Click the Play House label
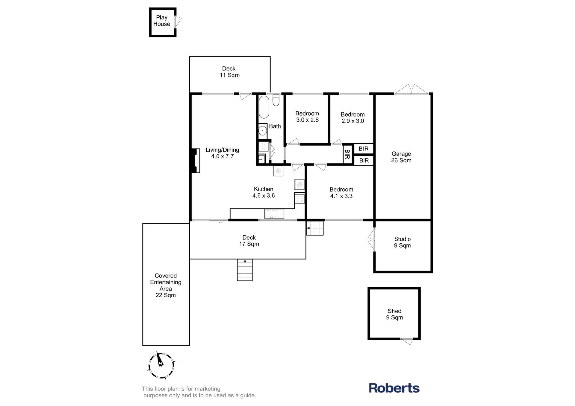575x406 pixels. (x=162, y=21)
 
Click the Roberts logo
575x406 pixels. (x=394, y=388)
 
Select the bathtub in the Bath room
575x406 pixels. (x=264, y=107)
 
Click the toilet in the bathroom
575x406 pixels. (x=276, y=100)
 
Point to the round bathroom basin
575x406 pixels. (x=263, y=131)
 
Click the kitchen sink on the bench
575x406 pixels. (x=274, y=214)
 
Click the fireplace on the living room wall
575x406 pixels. (x=195, y=161)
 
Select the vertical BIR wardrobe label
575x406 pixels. (x=347, y=154)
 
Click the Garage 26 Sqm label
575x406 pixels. (x=401, y=157)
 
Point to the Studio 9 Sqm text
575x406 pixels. (x=402, y=242)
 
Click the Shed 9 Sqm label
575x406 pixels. (x=394, y=314)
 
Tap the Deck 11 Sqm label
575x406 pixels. (x=229, y=72)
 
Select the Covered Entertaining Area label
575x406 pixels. (x=166, y=285)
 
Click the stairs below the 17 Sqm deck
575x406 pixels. (x=245, y=270)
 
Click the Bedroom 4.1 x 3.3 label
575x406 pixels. (x=341, y=193)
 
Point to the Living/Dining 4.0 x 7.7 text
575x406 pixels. (x=222, y=153)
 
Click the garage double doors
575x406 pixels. (x=411, y=90)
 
